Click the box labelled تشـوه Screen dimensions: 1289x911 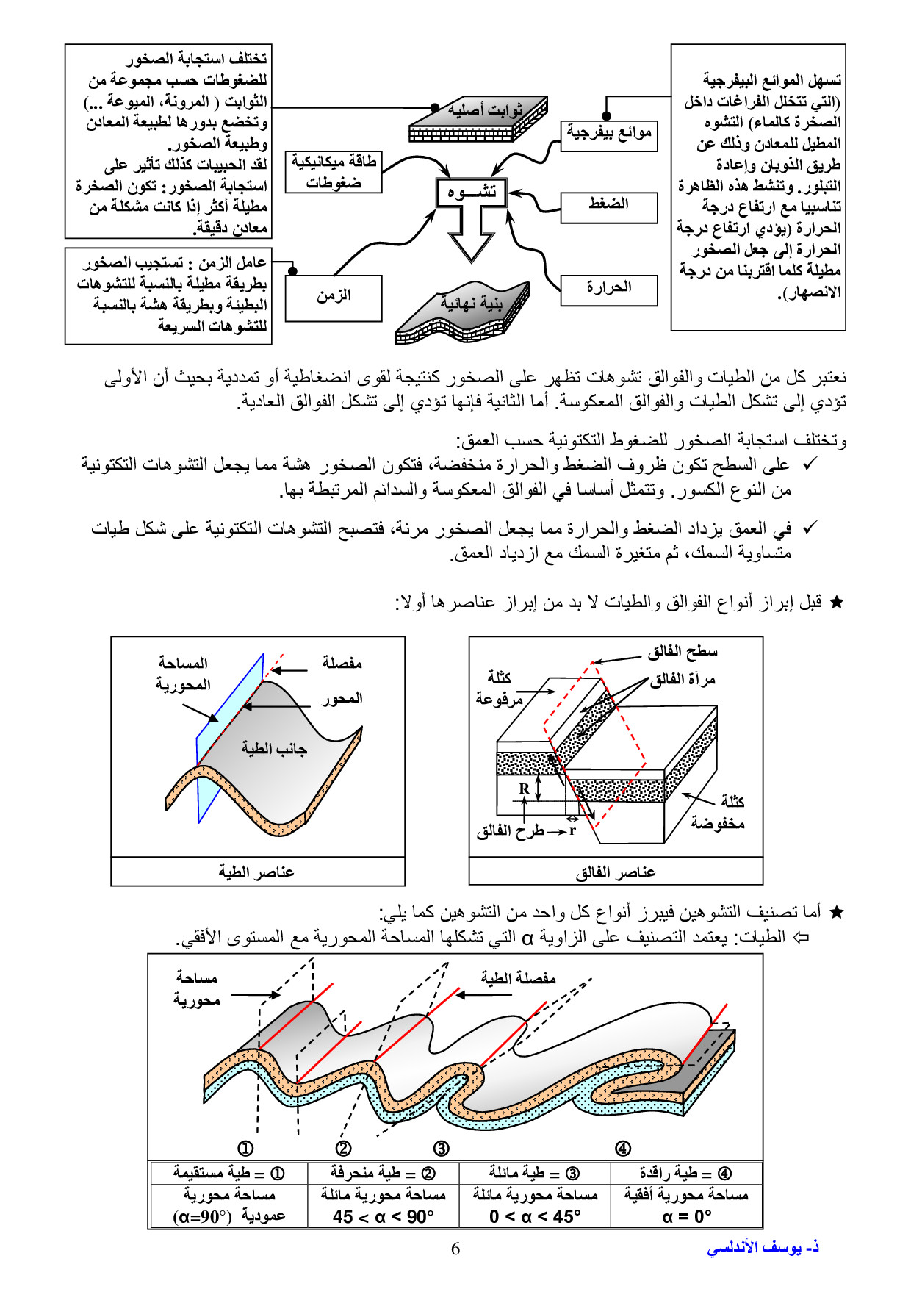(x=471, y=193)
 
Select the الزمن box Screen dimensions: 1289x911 (x=334, y=298)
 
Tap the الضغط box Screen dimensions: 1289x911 (x=608, y=207)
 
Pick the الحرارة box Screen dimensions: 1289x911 (x=608, y=290)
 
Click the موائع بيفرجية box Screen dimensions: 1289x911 (x=608, y=136)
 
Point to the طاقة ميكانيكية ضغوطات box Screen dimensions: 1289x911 (x=334, y=172)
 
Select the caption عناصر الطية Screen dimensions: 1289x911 (x=256, y=872)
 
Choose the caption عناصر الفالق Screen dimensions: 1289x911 (x=615, y=872)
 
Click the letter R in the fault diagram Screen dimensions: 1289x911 (x=524, y=789)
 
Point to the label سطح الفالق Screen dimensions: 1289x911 (x=683, y=651)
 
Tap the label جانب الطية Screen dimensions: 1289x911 (x=274, y=749)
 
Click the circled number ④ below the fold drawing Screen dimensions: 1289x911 (x=622, y=1148)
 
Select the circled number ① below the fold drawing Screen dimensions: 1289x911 (x=245, y=1148)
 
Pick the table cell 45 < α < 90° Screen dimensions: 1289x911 (x=384, y=1217)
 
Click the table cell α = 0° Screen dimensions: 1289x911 (x=686, y=1217)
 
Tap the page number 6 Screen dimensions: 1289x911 (x=455, y=1249)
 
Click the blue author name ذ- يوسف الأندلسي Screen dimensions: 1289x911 (x=763, y=1248)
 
